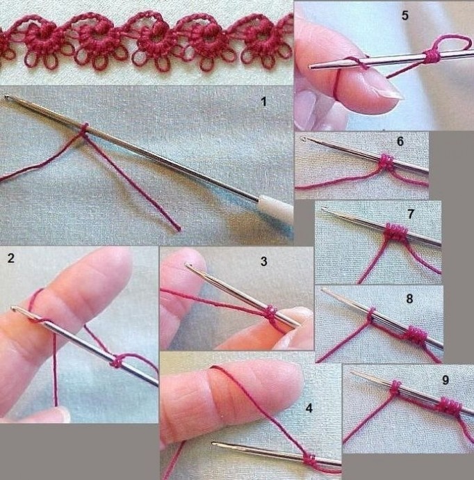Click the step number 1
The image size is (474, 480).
263,102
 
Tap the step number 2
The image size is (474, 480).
11,258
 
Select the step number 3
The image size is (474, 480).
263,262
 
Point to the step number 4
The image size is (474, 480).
309,408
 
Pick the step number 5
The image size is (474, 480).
405,15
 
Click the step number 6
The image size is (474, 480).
400,141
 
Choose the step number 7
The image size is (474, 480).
411,214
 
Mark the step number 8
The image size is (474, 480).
410,298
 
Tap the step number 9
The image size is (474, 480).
446,380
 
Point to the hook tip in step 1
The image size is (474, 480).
6,97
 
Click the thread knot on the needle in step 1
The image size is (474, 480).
84,128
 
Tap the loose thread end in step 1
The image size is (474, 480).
178,228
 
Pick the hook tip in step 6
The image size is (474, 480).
304,139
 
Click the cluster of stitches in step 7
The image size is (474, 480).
395,232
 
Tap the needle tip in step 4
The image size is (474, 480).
214,443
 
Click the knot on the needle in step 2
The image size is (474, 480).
117,362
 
